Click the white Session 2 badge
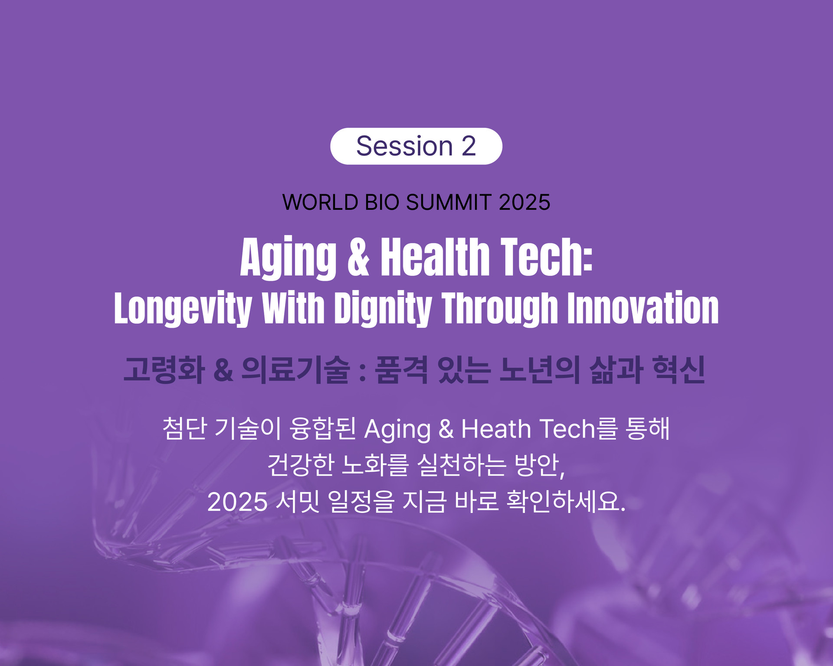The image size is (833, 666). pyautogui.click(x=416, y=146)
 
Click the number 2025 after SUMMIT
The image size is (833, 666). pyautogui.click(x=525, y=202)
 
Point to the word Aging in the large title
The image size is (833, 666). pyautogui.click(x=289, y=258)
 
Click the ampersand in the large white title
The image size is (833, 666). pyautogui.click(x=358, y=257)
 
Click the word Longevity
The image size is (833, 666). pyautogui.click(x=183, y=309)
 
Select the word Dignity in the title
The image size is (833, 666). pyautogui.click(x=383, y=309)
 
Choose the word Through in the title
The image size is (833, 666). pyautogui.click(x=499, y=309)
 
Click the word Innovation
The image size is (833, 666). pyautogui.click(x=643, y=308)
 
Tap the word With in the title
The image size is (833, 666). pyautogui.click(x=294, y=308)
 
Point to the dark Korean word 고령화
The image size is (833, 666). pyautogui.click(x=164, y=370)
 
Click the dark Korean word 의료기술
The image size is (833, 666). pyautogui.click(x=295, y=370)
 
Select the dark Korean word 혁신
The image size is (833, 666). pyautogui.click(x=679, y=370)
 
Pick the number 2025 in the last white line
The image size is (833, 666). pyautogui.click(x=237, y=502)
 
